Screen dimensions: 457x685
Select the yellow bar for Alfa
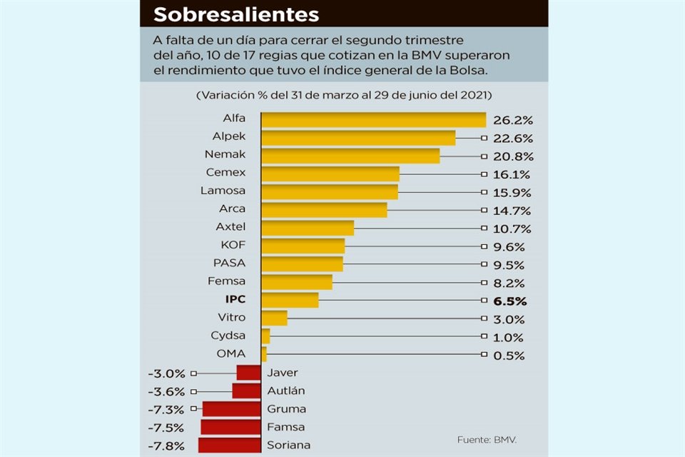373,120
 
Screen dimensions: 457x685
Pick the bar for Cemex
330,174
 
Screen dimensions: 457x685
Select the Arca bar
324,210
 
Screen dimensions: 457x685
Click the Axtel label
230,226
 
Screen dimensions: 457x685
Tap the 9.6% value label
509,247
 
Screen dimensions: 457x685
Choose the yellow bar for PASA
302,264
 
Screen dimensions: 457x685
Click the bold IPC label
235,299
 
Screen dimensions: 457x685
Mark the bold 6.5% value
509,301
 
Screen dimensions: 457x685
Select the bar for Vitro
274,318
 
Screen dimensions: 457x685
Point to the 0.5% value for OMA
509,356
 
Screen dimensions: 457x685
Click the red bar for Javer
248,373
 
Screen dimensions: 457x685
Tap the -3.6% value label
166,391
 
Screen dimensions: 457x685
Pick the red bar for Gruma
231,409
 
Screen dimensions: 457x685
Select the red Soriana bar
229,446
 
